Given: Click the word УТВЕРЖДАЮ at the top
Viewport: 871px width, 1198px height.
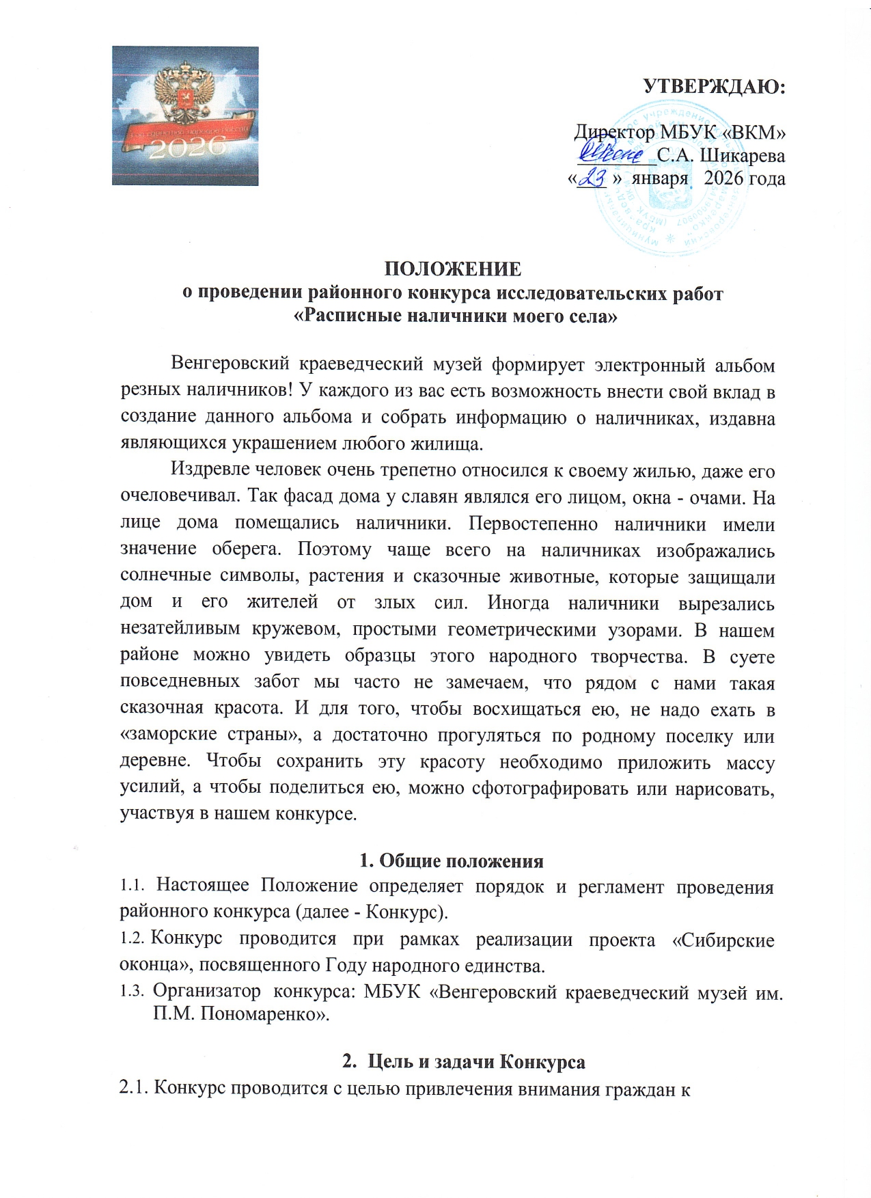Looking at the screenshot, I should pos(715,87).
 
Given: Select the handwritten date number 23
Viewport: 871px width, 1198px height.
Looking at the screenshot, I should pos(592,178).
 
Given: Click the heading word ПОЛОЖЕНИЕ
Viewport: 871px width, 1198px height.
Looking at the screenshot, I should pos(452,269).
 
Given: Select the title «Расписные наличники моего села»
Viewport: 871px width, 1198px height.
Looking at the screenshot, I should pos(455,316).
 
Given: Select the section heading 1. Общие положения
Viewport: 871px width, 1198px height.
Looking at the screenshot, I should pos(452,860).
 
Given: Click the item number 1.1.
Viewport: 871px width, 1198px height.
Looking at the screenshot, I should pos(133,886).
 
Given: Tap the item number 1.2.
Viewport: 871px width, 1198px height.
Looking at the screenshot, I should pos(133,939).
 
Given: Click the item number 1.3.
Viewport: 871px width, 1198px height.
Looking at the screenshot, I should pos(133,991).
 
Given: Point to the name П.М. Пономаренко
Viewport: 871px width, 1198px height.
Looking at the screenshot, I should pos(240,1014).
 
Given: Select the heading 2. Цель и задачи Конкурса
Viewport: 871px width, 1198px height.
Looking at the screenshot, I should pos(463,1061).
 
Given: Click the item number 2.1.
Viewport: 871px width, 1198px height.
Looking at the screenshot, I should pos(134,1089).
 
